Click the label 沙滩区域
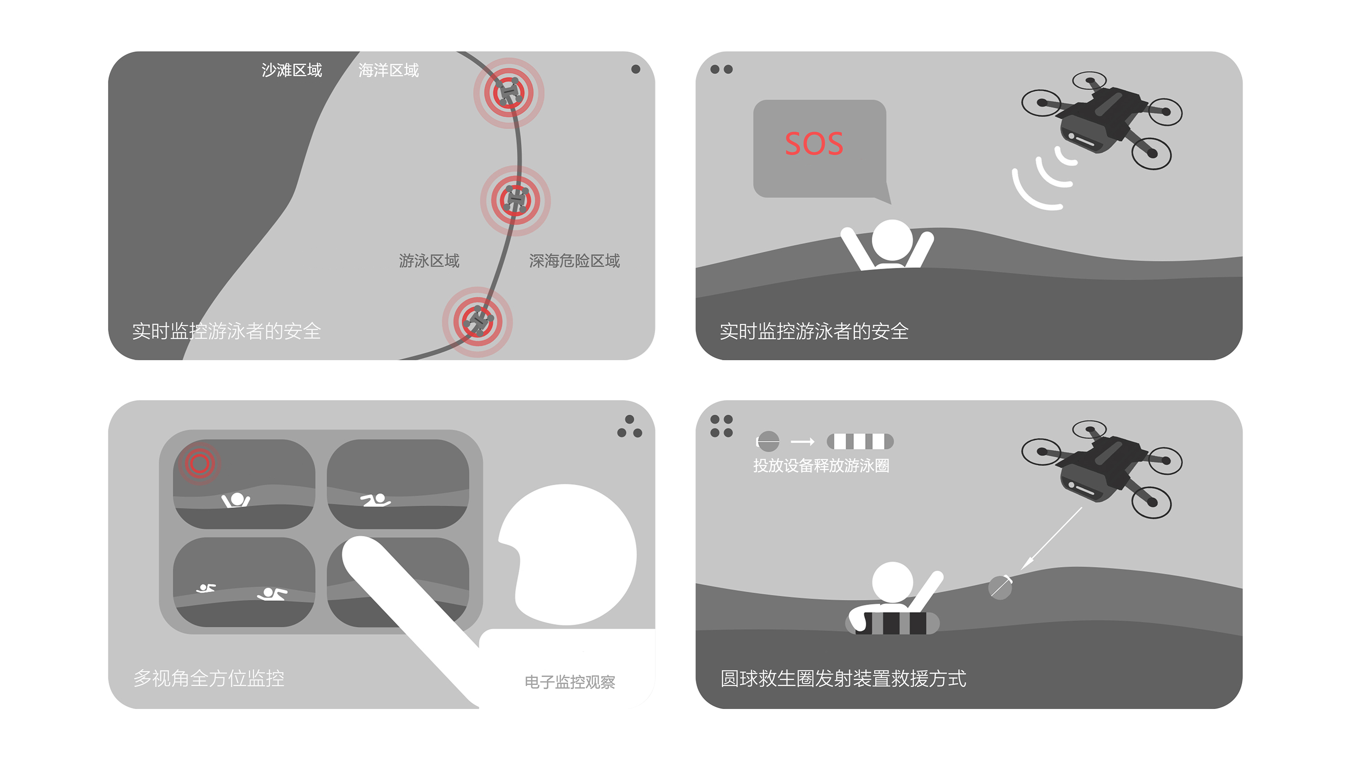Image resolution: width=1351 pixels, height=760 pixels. pos(292,70)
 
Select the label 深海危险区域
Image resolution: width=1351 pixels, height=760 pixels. pos(574,261)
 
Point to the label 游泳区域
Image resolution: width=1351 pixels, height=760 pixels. pos(429,261)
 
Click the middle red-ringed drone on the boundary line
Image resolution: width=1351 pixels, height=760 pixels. pos(515,200)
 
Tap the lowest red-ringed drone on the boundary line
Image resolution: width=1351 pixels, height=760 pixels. pos(477,321)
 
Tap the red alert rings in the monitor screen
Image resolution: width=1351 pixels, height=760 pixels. pos(199,463)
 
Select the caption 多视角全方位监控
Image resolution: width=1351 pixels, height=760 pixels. pos(209,678)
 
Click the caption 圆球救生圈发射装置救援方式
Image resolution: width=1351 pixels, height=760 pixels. pos(843,678)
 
